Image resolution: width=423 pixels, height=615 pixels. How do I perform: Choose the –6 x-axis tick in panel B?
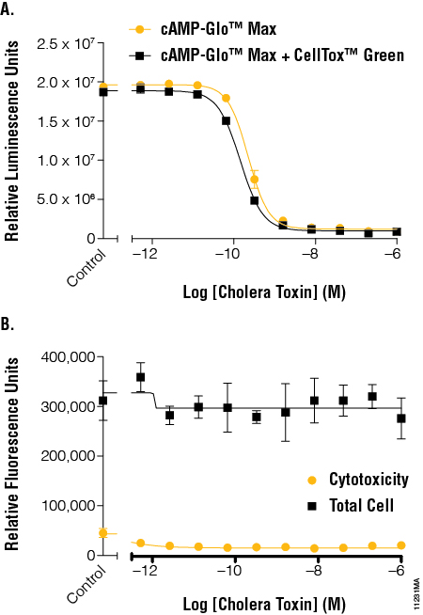click(397, 571)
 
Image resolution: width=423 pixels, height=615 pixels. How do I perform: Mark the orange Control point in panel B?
click(103, 533)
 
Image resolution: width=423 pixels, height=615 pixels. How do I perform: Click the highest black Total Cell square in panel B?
click(141, 377)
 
